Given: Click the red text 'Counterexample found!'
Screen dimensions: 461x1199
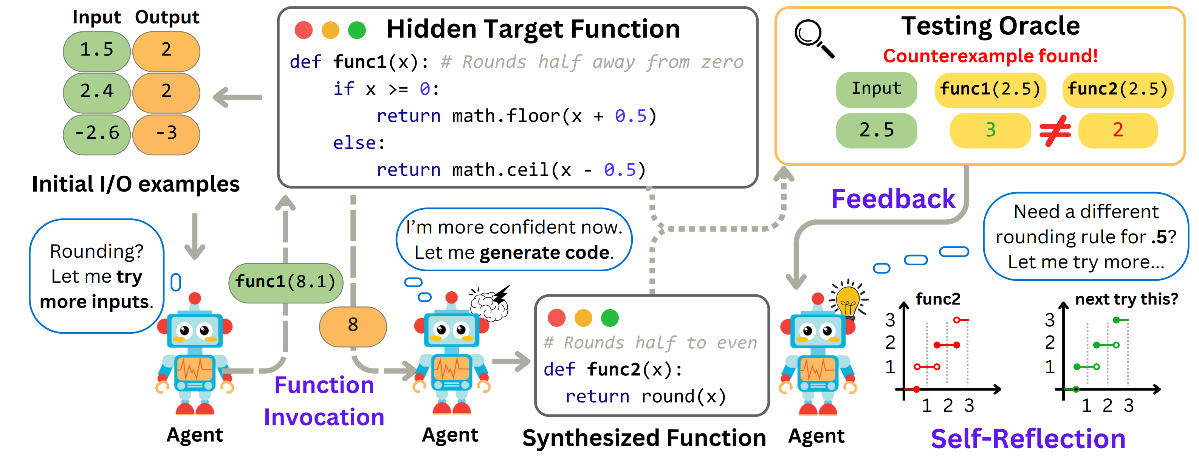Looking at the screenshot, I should pos(990,56).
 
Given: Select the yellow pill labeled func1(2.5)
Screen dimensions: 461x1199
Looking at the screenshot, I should pos(990,89).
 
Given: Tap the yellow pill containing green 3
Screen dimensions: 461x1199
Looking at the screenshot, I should pos(990,130).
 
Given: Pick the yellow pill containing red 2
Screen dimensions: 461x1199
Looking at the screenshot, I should pos(1118,130).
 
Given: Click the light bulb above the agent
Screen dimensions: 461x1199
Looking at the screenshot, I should pos(848,300).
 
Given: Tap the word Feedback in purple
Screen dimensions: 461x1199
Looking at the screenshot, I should pos(893,199).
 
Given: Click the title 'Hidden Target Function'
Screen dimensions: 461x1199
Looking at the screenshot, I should pos(533,29).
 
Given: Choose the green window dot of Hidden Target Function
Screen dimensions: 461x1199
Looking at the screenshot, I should pos(357,30).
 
